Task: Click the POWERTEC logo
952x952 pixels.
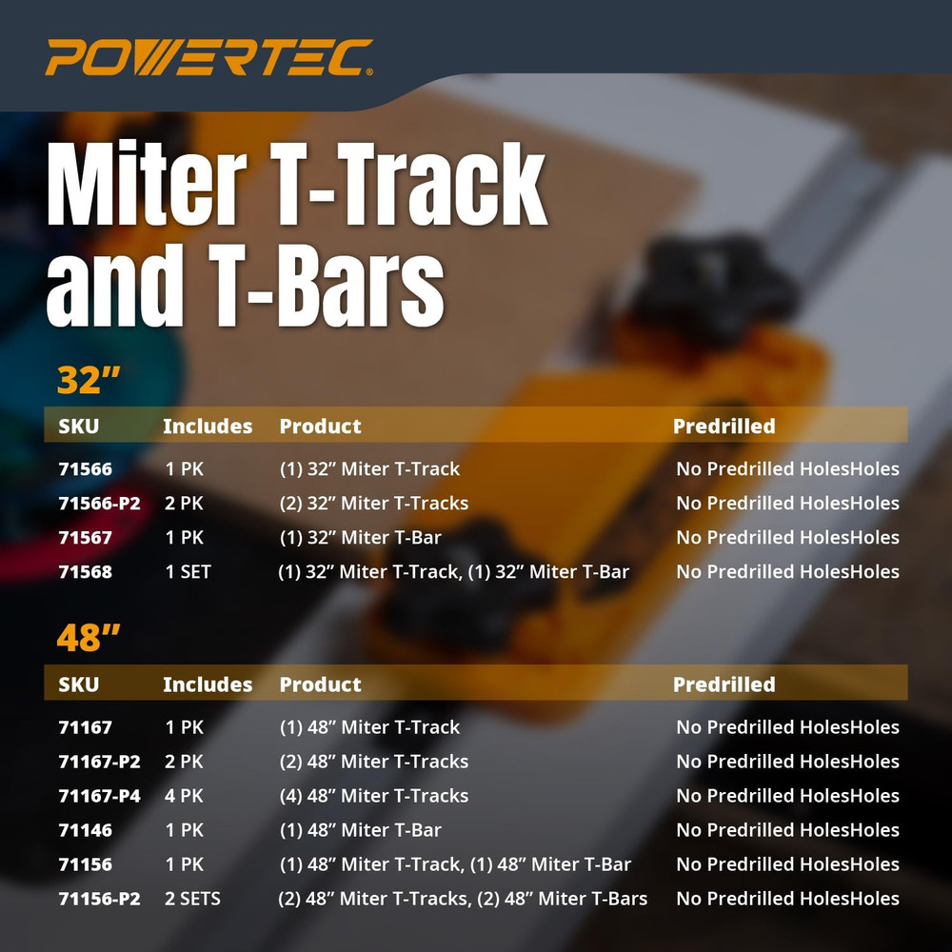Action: [x=208, y=58]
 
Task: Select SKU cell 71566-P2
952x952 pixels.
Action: [x=99, y=504]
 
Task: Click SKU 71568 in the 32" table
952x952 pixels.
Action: [x=85, y=572]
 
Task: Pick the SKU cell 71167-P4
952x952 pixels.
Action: [x=99, y=796]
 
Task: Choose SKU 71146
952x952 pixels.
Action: [x=85, y=830]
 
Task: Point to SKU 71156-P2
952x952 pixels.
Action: [x=99, y=899]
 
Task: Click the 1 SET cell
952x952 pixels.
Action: [x=188, y=572]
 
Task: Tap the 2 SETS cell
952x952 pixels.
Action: [x=192, y=899]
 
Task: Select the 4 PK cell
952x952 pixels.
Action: [x=185, y=796]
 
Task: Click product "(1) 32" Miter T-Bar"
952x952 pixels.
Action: [x=360, y=538]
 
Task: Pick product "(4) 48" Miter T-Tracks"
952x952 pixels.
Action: [x=373, y=796]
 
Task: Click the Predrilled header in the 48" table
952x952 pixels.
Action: [x=724, y=684]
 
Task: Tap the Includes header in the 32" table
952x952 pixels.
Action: [x=208, y=426]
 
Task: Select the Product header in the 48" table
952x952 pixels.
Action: [x=320, y=684]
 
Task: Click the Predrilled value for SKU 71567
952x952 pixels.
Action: [x=787, y=538]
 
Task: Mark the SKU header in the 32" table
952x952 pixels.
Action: [x=78, y=426]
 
